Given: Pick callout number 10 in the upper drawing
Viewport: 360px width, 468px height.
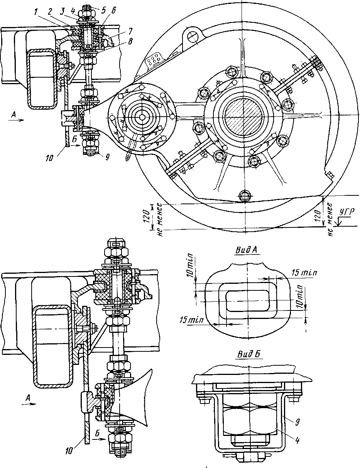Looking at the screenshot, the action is [49, 159].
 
